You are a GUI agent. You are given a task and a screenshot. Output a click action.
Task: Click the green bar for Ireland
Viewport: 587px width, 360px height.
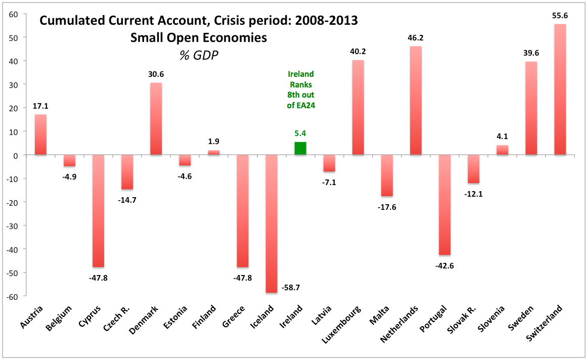(300, 149)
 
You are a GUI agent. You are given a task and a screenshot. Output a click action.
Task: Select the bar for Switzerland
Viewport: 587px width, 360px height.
(560, 89)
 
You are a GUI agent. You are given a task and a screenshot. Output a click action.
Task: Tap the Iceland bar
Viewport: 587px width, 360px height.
(272, 223)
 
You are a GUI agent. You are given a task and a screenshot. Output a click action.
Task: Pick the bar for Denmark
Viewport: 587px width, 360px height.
(156, 119)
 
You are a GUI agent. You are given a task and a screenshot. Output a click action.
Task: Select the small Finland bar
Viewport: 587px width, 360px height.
(214, 152)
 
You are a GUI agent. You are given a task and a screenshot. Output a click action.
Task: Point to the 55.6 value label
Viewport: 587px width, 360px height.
(560, 16)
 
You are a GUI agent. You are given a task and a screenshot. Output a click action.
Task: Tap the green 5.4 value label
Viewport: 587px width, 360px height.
(300, 134)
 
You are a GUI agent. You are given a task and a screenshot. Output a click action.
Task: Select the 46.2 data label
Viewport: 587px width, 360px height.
(416, 37)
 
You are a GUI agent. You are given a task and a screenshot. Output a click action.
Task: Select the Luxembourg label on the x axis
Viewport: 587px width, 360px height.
(344, 324)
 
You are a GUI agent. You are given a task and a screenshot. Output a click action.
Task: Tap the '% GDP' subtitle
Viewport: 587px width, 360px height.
(198, 56)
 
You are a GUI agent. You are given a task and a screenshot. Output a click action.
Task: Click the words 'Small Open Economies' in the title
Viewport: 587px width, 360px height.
(198, 38)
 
